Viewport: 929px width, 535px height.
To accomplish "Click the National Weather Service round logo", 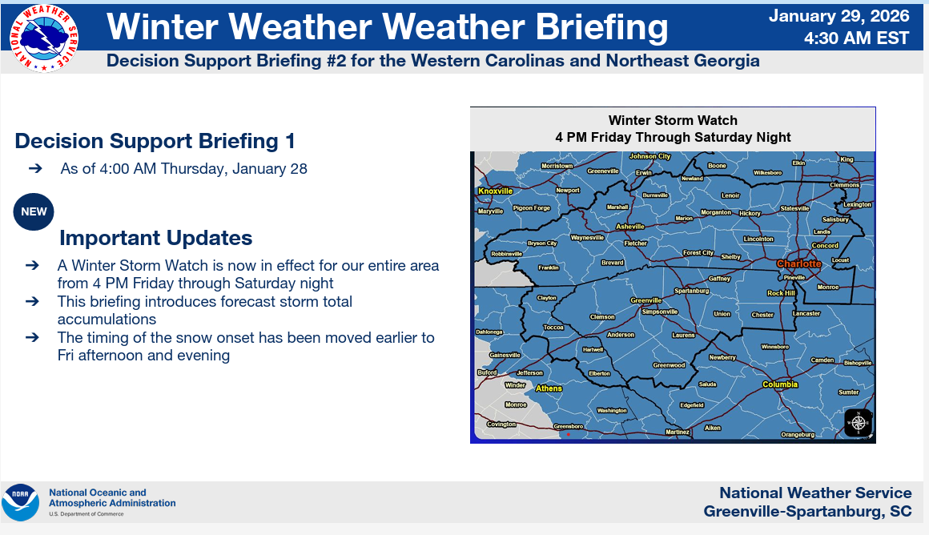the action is pyautogui.click(x=44, y=38).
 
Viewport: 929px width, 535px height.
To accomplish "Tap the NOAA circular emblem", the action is pyautogui.click(x=20, y=502).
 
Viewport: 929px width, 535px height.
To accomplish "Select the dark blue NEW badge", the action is pyautogui.click(x=34, y=211).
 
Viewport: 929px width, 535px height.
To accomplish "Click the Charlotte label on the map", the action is pyautogui.click(x=798, y=263).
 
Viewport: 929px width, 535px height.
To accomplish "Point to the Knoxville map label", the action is pyautogui.click(x=495, y=191).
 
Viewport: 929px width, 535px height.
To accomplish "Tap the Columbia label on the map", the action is pyautogui.click(x=780, y=384).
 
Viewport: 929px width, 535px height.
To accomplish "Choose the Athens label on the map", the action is pyautogui.click(x=549, y=388).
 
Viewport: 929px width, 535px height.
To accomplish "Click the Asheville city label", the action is pyautogui.click(x=629, y=227).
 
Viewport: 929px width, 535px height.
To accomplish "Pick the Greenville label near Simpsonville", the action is pyautogui.click(x=645, y=300).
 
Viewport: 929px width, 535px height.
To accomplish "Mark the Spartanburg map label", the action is pyautogui.click(x=691, y=291).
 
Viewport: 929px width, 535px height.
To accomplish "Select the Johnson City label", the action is pyautogui.click(x=650, y=156).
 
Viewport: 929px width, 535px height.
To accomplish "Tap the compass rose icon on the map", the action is pyautogui.click(x=858, y=423).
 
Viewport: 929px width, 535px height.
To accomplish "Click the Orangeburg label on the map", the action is pyautogui.click(x=798, y=434).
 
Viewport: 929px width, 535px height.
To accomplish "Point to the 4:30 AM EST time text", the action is pyautogui.click(x=856, y=38).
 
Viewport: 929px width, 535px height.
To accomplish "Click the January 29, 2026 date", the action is pyautogui.click(x=839, y=15).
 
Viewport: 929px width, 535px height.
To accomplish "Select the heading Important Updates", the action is pyautogui.click(x=156, y=238).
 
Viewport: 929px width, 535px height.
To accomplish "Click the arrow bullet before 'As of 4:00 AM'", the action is pyautogui.click(x=35, y=168).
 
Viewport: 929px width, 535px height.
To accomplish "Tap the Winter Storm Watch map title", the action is pyautogui.click(x=673, y=120).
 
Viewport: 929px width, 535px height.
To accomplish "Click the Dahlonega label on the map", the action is pyautogui.click(x=489, y=332).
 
